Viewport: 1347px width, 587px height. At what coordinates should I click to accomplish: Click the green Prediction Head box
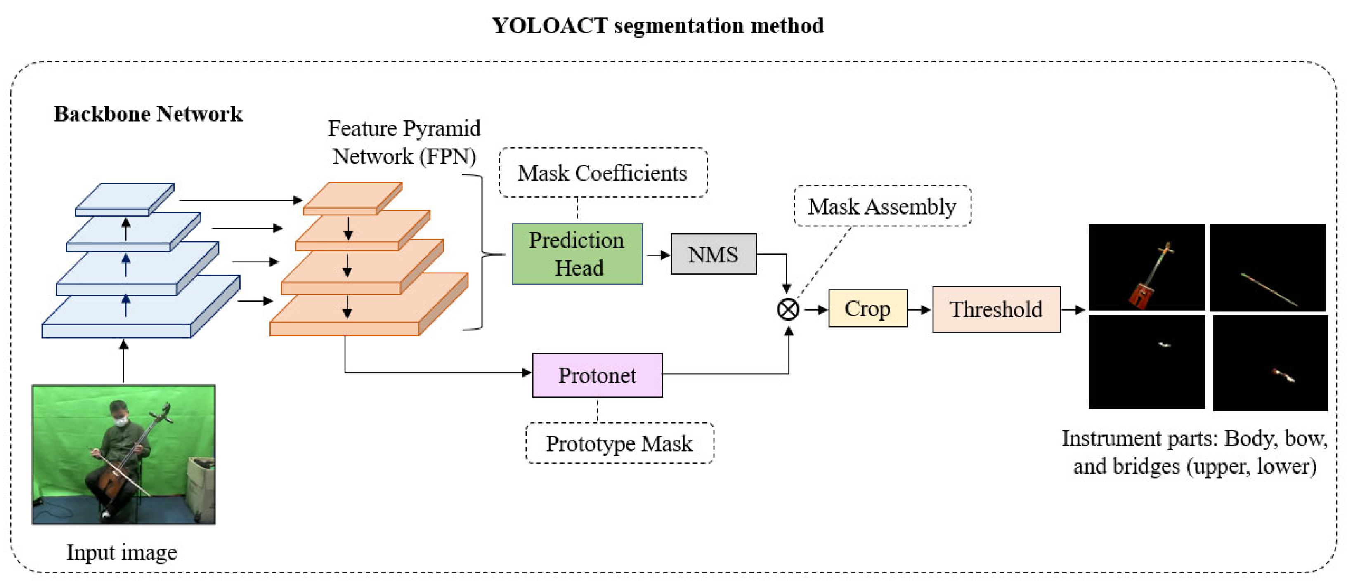pyautogui.click(x=577, y=254)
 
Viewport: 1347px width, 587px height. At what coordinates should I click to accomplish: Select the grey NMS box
pyautogui.click(x=713, y=254)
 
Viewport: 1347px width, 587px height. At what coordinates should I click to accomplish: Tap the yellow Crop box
pyautogui.click(x=867, y=309)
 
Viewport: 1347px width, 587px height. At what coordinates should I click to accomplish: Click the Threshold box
pyautogui.click(x=996, y=309)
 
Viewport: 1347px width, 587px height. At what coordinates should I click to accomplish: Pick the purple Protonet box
pyautogui.click(x=597, y=375)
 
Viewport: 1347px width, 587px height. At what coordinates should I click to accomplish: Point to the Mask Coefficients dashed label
pyautogui.click(x=603, y=173)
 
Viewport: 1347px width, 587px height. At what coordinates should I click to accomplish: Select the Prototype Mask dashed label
pyautogui.click(x=619, y=443)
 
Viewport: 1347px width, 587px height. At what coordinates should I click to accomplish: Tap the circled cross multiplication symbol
pyautogui.click(x=788, y=309)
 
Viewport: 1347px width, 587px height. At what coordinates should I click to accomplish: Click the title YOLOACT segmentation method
pyautogui.click(x=657, y=25)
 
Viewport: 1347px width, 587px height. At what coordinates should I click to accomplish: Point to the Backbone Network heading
pyautogui.click(x=148, y=114)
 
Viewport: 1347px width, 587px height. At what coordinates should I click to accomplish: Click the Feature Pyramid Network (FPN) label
pyautogui.click(x=404, y=142)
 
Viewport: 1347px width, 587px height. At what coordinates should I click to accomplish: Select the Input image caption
pyautogui.click(x=121, y=552)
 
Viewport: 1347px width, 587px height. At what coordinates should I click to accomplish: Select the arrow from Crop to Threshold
pyautogui.click(x=919, y=309)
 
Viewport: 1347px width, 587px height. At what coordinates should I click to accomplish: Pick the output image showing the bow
pyautogui.click(x=1267, y=268)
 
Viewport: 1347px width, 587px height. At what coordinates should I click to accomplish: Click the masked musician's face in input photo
pyautogui.click(x=120, y=415)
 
